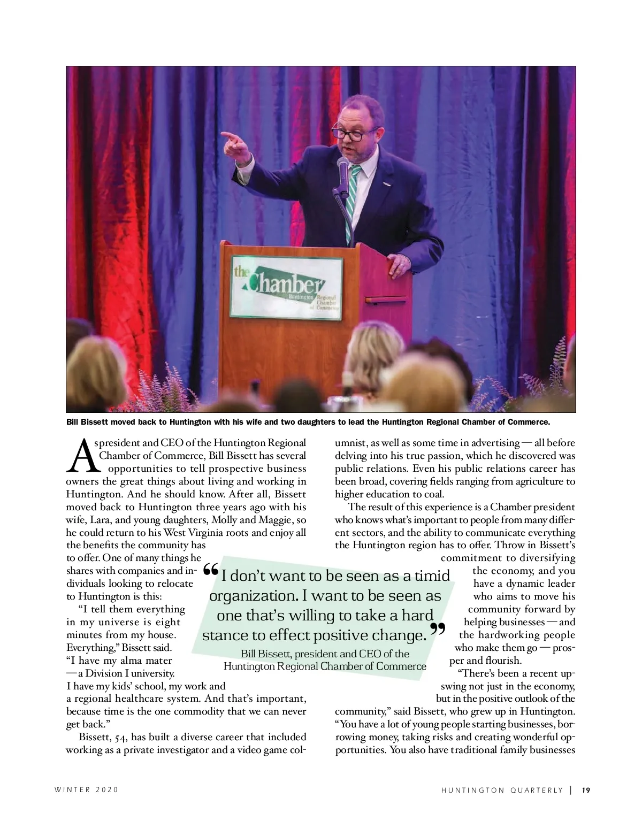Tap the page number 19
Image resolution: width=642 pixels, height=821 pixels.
[x=586, y=789]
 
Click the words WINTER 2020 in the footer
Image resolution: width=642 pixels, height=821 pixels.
[x=87, y=789]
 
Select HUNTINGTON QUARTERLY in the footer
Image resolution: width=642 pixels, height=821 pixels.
[x=502, y=789]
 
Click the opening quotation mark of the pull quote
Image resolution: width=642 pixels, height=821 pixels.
[x=211, y=571]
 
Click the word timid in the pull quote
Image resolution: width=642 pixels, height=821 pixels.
[x=432, y=576]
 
